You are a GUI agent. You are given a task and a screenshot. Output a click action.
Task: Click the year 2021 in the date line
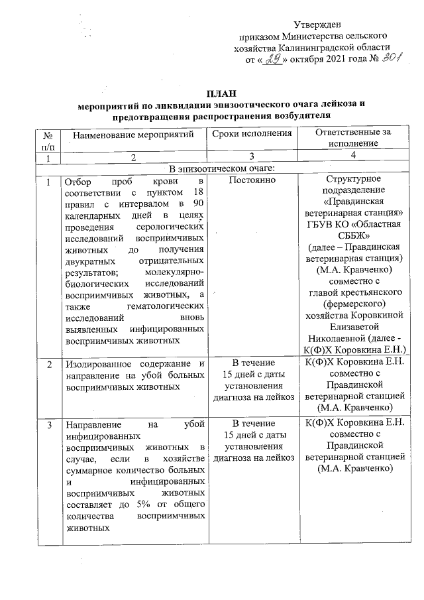pyautogui.click(x=335, y=59)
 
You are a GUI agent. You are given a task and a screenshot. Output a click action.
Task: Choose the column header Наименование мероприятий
pyautogui.click(x=132, y=135)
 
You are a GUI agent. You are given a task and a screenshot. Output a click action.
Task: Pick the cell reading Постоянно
pyautogui.click(x=251, y=181)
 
